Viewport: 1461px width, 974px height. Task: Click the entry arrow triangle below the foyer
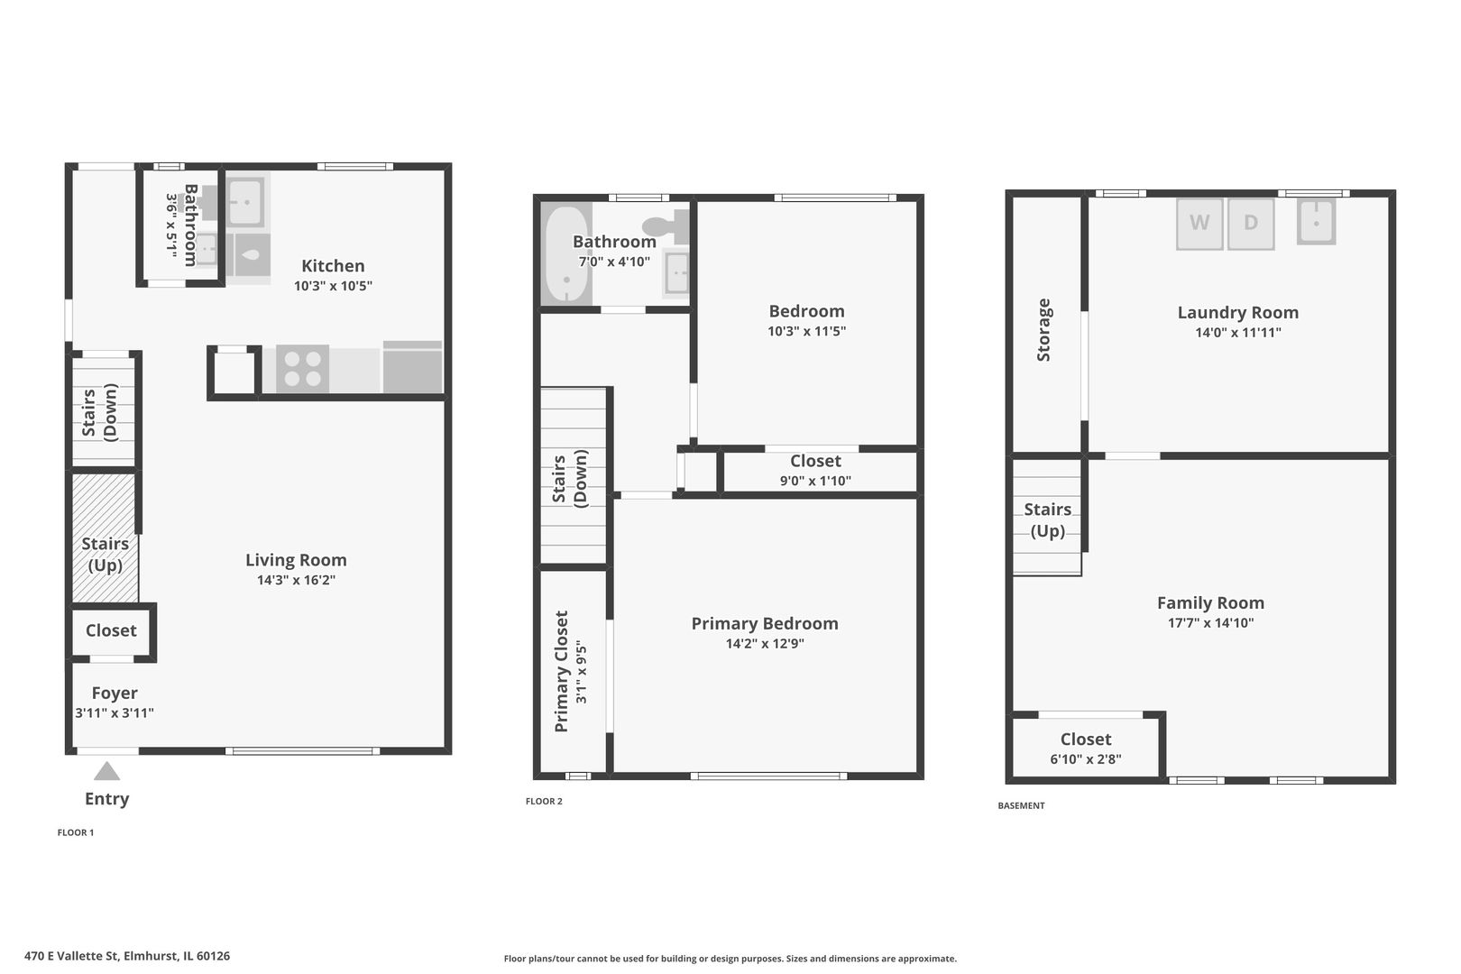click(106, 772)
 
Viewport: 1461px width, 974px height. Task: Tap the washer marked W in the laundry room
click(1199, 223)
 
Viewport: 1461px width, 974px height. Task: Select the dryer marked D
click(1250, 223)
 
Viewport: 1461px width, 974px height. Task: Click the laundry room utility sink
click(1316, 221)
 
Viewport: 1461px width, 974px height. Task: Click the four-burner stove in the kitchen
click(302, 369)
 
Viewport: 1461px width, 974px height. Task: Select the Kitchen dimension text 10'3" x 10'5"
click(333, 286)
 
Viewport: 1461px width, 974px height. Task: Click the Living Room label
click(296, 560)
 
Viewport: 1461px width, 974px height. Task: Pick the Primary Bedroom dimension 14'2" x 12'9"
click(765, 643)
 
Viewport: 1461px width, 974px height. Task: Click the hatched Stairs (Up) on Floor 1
click(105, 541)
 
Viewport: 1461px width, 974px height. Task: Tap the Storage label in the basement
click(1044, 330)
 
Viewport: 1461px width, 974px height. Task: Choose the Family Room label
click(1210, 602)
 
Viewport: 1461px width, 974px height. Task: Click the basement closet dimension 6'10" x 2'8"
click(1085, 759)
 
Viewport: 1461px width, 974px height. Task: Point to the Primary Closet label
click(561, 671)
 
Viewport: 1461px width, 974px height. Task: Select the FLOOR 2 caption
click(544, 801)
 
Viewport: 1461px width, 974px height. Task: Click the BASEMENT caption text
click(1021, 805)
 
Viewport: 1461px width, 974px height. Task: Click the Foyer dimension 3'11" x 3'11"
click(115, 712)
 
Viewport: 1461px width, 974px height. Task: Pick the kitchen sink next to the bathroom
click(243, 202)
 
